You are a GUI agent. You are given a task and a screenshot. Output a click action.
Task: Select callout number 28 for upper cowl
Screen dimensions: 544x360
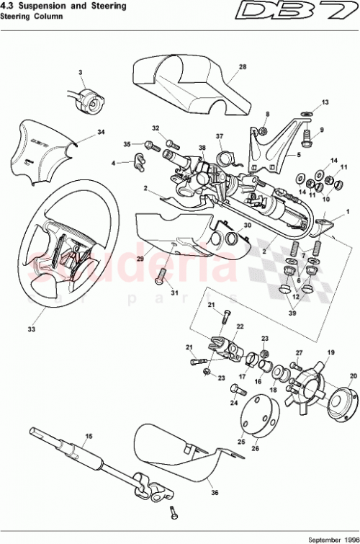click(x=243, y=67)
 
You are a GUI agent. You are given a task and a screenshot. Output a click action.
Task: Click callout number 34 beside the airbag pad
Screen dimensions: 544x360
click(x=101, y=132)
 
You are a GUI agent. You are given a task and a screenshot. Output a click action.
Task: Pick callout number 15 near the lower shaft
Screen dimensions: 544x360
click(x=89, y=437)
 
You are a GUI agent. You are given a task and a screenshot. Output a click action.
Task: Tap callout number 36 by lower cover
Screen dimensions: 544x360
click(x=215, y=492)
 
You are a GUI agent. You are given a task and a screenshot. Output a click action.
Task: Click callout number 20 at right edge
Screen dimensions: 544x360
click(x=353, y=376)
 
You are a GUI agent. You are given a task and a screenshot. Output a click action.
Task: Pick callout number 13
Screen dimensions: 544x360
click(x=325, y=102)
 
